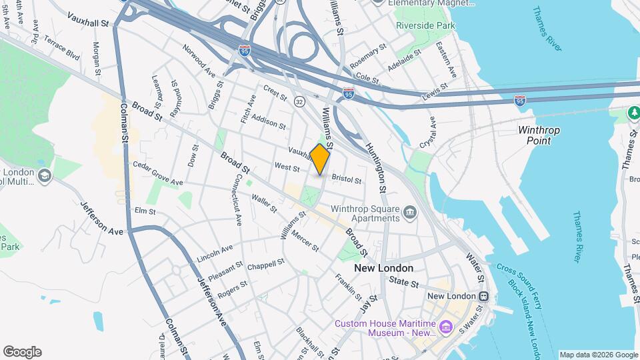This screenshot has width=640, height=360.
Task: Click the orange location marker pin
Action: point(320,159)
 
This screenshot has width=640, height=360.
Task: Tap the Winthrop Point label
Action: point(539,135)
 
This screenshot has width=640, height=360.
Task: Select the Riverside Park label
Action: point(426,25)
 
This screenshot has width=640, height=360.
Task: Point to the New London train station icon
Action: point(483,296)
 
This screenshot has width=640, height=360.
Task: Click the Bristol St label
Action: point(346,180)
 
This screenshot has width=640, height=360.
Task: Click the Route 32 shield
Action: point(300,101)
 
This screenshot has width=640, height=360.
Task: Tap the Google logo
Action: point(22,352)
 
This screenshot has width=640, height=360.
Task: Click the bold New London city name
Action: point(383,268)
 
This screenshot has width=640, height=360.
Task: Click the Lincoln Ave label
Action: point(215,253)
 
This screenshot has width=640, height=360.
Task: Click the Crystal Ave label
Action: point(427,132)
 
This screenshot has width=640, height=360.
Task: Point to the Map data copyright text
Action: point(597,355)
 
